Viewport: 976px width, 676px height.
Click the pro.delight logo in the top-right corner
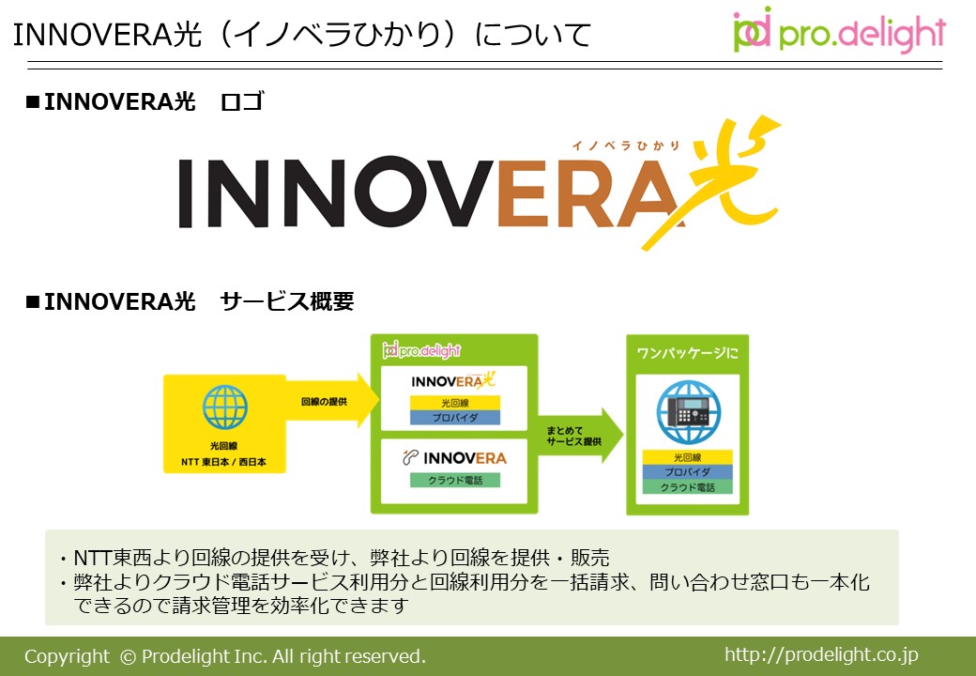839,30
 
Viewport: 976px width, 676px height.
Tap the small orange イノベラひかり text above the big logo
626,146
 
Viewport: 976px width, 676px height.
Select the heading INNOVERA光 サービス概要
190,301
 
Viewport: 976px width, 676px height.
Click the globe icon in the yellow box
224,407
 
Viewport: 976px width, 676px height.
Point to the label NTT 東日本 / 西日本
224,462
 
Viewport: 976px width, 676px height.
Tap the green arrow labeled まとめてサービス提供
580,436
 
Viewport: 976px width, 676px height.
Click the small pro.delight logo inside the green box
421,350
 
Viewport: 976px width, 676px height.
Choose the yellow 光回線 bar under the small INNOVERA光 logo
455,403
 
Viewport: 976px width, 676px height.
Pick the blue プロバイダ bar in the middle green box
455,417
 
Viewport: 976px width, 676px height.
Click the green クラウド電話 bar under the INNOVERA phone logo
455,480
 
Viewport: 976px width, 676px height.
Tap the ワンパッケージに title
687,353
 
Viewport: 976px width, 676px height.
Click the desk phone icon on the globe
688,412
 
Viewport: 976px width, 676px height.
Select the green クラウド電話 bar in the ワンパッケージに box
687,486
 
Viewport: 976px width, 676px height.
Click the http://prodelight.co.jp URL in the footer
821,654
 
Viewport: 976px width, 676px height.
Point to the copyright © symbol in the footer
128,657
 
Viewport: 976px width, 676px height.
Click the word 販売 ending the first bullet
590,558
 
